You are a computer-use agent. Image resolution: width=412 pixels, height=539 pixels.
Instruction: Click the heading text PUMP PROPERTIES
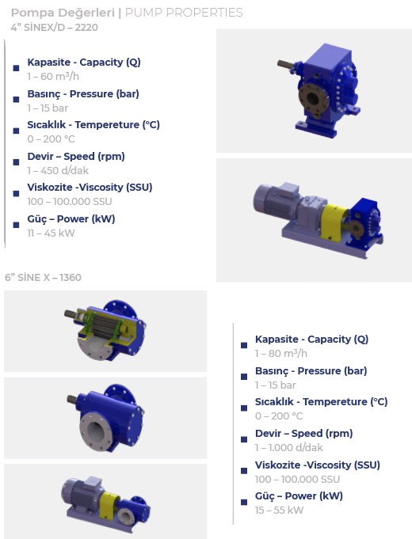pyautogui.click(x=184, y=13)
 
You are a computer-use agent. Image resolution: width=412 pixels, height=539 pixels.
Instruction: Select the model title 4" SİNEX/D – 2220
pyautogui.click(x=54, y=28)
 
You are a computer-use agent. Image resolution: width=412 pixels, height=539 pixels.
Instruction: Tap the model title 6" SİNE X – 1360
pyautogui.click(x=43, y=277)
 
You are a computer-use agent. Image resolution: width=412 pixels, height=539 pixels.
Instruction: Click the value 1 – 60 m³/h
pyautogui.click(x=53, y=76)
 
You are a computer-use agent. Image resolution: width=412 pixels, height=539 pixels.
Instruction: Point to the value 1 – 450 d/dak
pyautogui.click(x=58, y=170)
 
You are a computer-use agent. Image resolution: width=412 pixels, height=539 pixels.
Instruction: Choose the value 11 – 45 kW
pyautogui.click(x=51, y=233)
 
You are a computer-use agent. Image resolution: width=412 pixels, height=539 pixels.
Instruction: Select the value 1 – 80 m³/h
pyautogui.click(x=280, y=353)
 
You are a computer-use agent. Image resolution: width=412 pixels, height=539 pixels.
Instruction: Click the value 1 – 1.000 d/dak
pyautogui.click(x=288, y=447)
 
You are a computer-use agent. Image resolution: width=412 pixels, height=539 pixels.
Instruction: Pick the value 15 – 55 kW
pyautogui.click(x=279, y=511)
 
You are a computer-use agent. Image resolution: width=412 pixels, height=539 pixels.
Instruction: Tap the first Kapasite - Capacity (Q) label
pyautogui.click(x=84, y=63)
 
